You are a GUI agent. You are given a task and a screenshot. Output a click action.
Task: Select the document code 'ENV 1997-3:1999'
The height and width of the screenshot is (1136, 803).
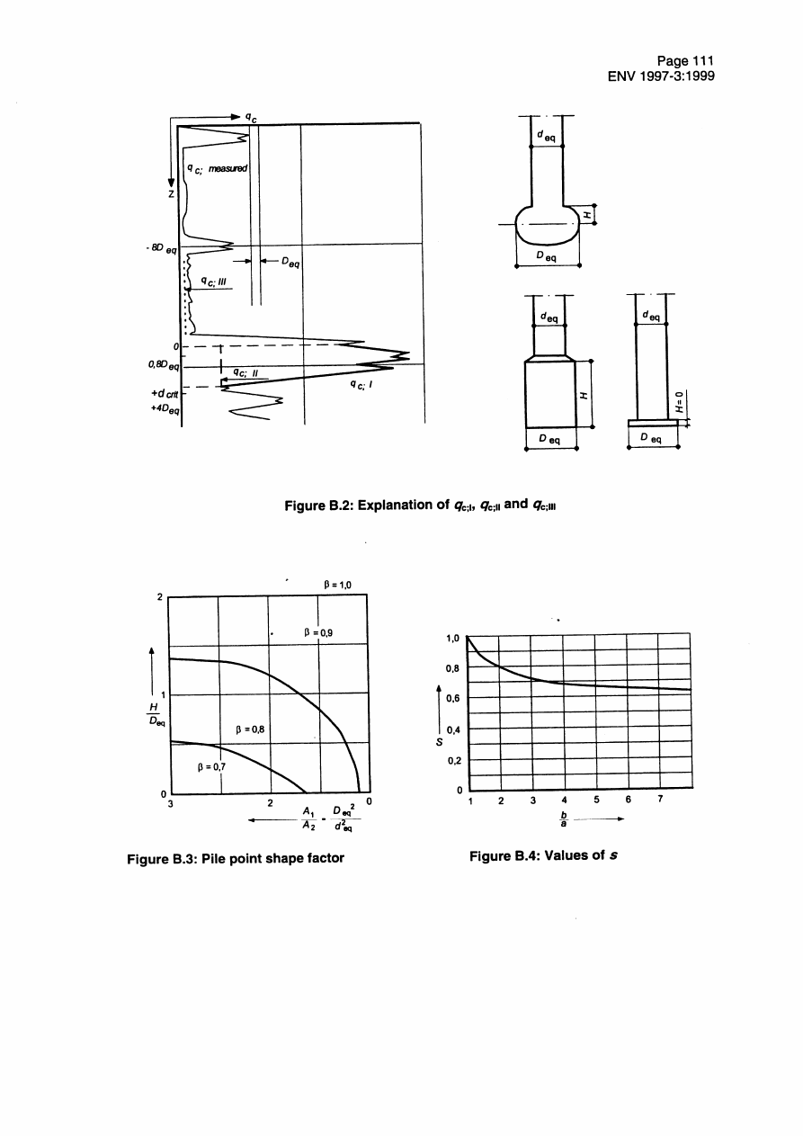point(661,76)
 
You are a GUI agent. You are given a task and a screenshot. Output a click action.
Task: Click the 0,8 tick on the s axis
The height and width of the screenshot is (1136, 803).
point(451,668)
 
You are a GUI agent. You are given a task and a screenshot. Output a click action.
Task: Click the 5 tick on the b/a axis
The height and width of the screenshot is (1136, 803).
point(596,801)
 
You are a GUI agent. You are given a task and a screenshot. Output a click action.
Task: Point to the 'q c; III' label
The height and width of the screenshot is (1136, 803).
point(217,282)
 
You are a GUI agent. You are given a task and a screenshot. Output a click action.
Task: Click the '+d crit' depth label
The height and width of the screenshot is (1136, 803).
point(165,393)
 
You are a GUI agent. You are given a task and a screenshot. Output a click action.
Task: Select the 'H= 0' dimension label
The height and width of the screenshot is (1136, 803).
point(681,400)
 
